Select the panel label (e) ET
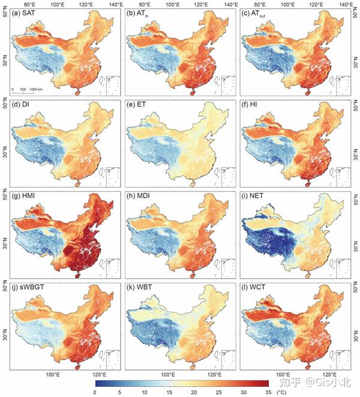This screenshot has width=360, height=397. pyautogui.click(x=139, y=106)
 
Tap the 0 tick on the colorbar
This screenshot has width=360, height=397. pyautogui.click(x=95, y=392)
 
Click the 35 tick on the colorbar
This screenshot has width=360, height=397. pyautogui.click(x=267, y=392)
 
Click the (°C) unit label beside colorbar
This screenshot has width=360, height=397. pyautogui.click(x=282, y=392)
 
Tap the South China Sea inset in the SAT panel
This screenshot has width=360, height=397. pyautogui.click(x=107, y=85)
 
